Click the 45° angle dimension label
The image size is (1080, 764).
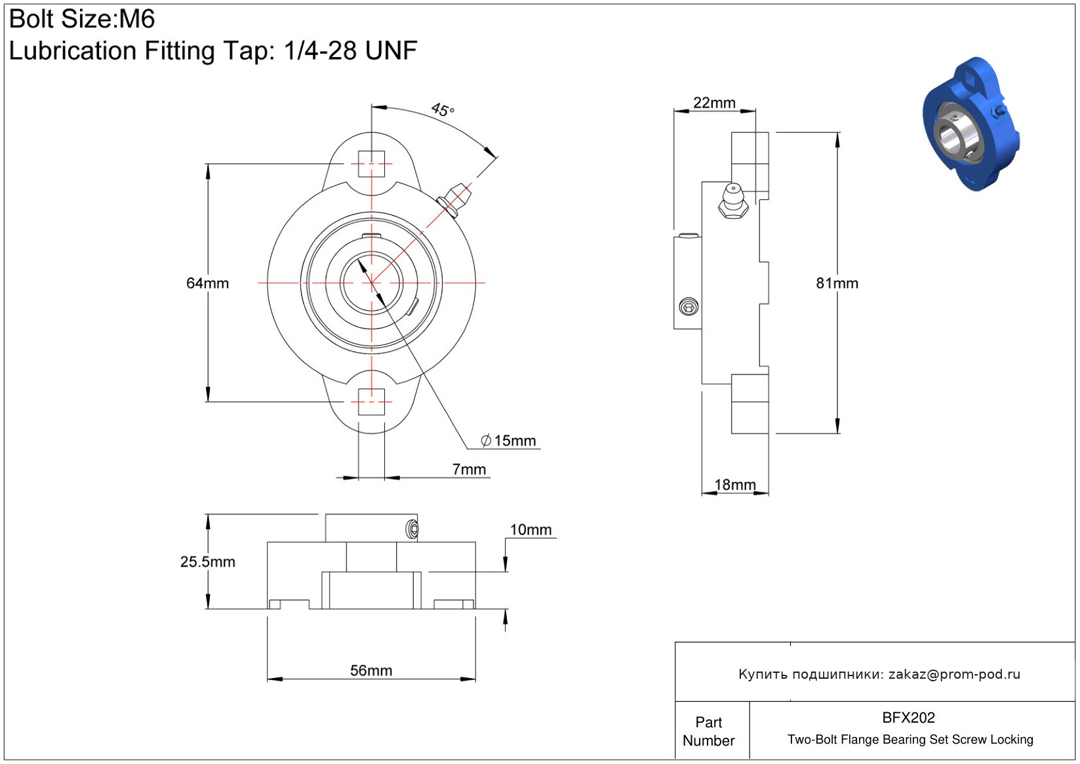[443, 110]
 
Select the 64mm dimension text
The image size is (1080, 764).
[207, 283]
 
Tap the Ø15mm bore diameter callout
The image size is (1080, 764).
[508, 441]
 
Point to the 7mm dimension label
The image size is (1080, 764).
[469, 470]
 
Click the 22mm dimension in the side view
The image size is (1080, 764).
[714, 103]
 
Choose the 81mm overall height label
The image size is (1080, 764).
[837, 283]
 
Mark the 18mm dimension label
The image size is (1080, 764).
[734, 485]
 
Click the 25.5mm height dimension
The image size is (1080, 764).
[207, 562]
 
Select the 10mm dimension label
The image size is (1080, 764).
[530, 530]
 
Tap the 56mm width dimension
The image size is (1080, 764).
[371, 670]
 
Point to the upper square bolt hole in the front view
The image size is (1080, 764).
[371, 164]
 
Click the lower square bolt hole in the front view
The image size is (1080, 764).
[371, 401]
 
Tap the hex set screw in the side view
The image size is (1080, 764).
[689, 306]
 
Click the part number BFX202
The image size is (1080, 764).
[908, 717]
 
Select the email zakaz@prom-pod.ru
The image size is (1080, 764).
[954, 674]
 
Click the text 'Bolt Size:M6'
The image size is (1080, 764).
[82, 19]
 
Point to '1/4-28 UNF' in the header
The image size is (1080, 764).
[350, 50]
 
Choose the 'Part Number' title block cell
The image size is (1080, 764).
[709, 731]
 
